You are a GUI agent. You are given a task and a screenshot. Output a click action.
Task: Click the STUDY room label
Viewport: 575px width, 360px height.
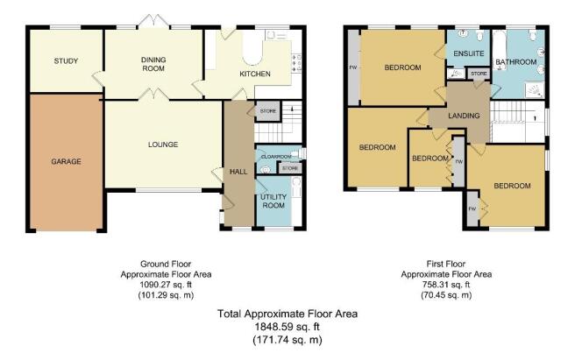pyautogui.click(x=66, y=60)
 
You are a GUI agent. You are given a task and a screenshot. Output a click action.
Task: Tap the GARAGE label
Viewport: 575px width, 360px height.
pyautogui.click(x=66, y=161)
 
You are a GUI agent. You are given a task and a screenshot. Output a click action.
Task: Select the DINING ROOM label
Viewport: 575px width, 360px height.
pyautogui.click(x=153, y=64)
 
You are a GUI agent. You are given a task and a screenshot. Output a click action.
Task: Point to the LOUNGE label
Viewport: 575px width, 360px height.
pyautogui.click(x=163, y=145)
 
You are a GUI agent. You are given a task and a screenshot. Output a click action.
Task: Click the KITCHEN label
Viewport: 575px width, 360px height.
pyautogui.click(x=255, y=74)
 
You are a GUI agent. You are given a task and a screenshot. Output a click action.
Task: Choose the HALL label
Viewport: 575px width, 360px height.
pyautogui.click(x=238, y=172)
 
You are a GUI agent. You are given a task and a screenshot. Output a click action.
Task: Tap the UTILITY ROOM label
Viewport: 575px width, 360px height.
pyautogui.click(x=273, y=201)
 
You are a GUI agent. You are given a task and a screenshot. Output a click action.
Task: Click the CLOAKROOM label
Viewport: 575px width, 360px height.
pyautogui.click(x=276, y=157)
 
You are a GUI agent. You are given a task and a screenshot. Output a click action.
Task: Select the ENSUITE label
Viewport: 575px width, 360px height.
pyautogui.click(x=469, y=53)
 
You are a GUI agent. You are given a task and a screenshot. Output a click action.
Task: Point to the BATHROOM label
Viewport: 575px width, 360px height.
pyautogui.click(x=516, y=62)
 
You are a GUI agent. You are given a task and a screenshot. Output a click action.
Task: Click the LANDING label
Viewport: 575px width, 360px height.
pyautogui.click(x=464, y=116)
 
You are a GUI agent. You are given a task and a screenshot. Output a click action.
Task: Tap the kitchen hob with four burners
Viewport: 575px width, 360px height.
pyautogui.click(x=296, y=63)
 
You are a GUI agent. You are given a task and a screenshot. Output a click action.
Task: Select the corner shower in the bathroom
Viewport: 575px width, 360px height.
pyautogui.click(x=535, y=91)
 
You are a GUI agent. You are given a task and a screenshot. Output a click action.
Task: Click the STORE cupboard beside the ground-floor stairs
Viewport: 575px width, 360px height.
pyautogui.click(x=268, y=111)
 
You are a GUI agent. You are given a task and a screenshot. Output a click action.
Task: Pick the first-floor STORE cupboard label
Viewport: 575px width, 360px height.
pyautogui.click(x=479, y=74)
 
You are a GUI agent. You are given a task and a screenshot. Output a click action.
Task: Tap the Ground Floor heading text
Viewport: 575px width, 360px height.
pyautogui.click(x=166, y=264)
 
